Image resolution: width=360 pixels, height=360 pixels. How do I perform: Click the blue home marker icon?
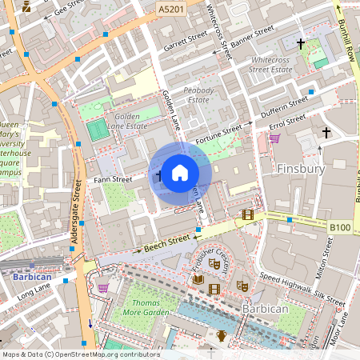[x=180, y=172]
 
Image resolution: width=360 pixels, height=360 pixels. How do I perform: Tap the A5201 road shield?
[x=170, y=8]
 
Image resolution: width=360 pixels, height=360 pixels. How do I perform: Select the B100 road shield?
[x=340, y=228]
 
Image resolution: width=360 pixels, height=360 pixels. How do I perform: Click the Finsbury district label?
[x=301, y=170]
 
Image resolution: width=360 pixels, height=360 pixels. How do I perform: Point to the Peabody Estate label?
[x=198, y=94]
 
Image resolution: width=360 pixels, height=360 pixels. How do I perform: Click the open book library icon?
[x=198, y=279]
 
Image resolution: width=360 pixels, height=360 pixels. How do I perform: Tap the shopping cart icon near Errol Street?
[x=274, y=138]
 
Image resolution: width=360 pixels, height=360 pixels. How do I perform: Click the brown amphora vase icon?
[x=222, y=336]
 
